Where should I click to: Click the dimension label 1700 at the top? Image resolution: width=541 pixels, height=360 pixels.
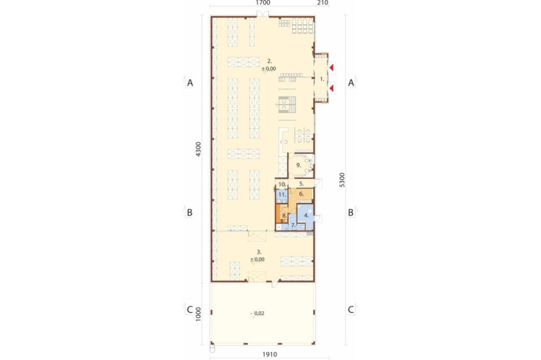click(263, 3)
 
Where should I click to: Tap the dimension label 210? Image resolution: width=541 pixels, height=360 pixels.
click(322, 3)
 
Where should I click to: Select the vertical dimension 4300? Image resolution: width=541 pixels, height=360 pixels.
click(198, 149)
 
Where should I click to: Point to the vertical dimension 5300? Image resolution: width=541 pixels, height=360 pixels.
click(342, 179)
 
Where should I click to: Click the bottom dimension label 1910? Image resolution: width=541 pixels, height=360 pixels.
click(269, 354)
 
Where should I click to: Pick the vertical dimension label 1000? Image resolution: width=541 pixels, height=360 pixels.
click(198, 314)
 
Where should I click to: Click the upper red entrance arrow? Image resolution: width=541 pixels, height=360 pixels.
click(332, 68)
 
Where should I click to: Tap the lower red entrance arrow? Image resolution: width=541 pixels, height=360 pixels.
click(332, 89)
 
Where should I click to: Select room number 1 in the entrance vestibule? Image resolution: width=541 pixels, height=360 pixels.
click(322, 79)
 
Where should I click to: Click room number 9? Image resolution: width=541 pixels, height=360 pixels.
click(299, 165)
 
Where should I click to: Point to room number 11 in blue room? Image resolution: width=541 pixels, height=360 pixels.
click(282, 195)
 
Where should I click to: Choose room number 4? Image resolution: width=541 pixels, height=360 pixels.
click(306, 216)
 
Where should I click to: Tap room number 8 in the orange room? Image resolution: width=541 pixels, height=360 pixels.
click(284, 216)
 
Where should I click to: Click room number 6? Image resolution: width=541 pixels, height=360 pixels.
click(301, 194)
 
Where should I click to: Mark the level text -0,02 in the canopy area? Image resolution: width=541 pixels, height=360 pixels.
click(258, 314)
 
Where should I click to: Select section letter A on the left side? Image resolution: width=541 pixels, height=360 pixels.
click(190, 83)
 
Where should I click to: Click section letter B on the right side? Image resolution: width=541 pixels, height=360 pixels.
click(351, 213)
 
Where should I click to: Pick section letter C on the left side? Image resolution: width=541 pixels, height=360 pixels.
click(189, 310)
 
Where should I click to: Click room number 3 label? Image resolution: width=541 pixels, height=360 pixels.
click(259, 252)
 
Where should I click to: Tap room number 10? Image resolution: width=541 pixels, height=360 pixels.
click(282, 184)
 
